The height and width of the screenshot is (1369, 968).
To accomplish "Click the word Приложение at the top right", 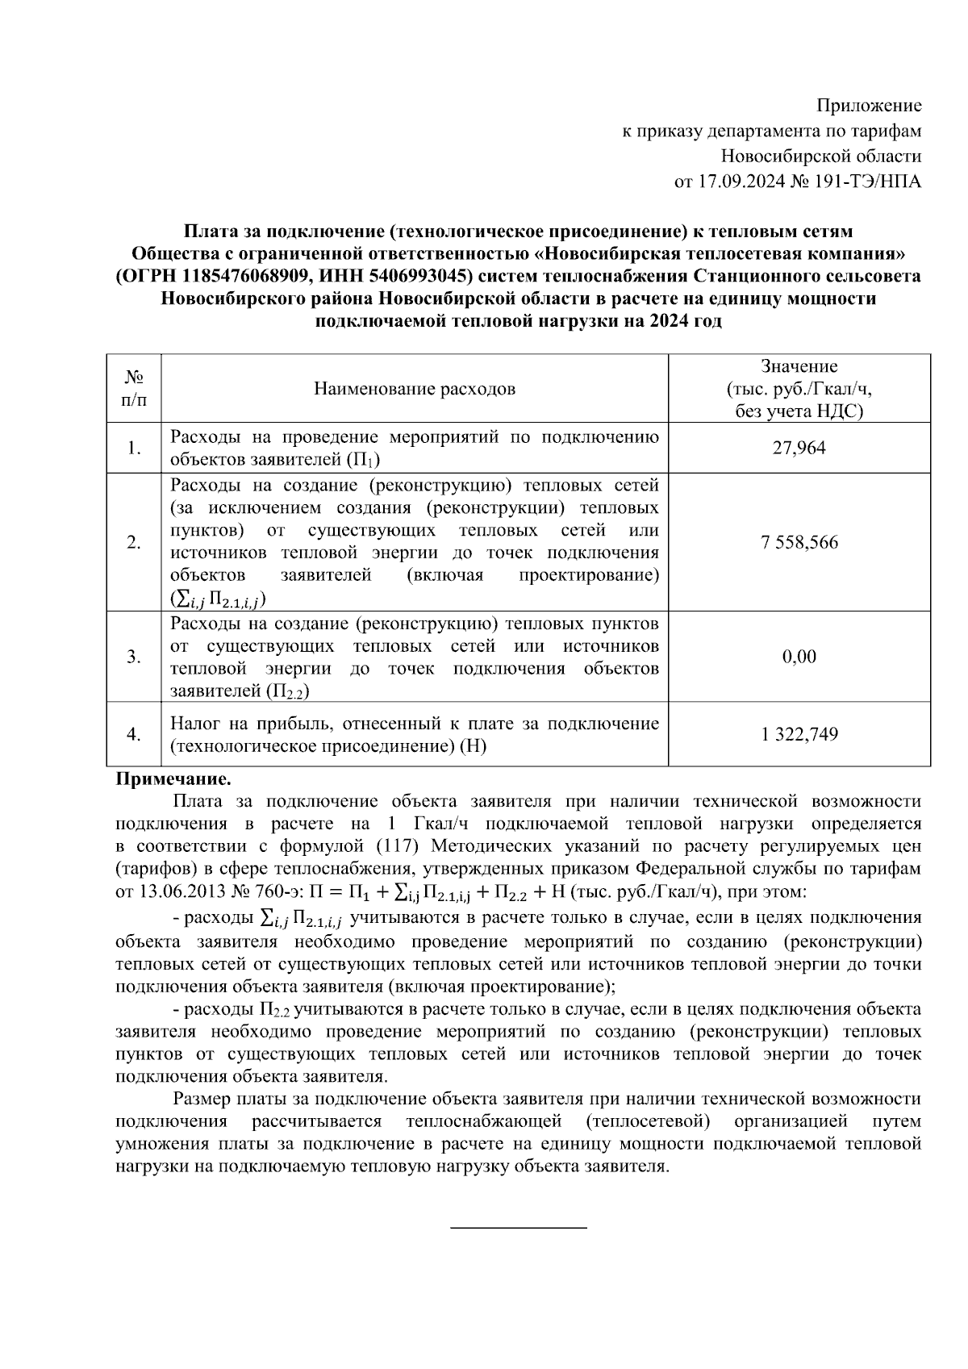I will (869, 106).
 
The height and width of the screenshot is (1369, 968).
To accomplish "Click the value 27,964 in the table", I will (799, 448).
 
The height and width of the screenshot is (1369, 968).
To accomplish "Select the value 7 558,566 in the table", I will (799, 542).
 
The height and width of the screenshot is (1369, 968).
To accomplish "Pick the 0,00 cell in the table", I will (799, 657).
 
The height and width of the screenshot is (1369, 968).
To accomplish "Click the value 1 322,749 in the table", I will (799, 735).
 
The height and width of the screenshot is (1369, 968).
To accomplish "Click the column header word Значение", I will (799, 367).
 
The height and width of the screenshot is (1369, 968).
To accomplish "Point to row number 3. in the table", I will (134, 657).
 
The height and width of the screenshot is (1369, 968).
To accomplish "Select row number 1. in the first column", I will (134, 448).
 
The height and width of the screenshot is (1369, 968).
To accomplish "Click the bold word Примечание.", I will (173, 780).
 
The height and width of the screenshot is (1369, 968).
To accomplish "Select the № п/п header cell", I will (134, 389).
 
